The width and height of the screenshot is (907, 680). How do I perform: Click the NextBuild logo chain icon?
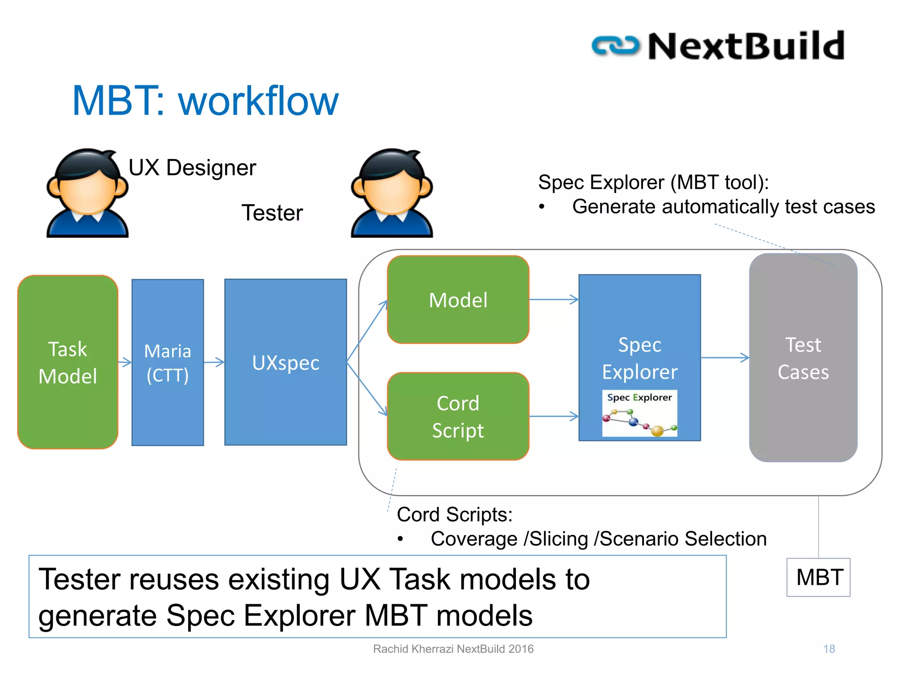click(x=616, y=46)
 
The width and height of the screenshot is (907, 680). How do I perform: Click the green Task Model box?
click(x=68, y=362)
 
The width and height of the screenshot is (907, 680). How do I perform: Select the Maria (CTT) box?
click(x=168, y=362)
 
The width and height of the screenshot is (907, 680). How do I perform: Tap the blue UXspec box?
click(x=286, y=362)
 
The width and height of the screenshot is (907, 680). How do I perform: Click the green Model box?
click(x=458, y=300)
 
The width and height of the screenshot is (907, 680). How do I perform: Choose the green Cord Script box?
click(x=458, y=416)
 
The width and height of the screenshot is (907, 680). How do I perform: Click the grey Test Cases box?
click(x=803, y=358)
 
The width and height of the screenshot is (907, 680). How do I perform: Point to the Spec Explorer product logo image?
click(x=640, y=413)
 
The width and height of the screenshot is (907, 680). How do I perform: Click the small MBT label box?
click(x=818, y=577)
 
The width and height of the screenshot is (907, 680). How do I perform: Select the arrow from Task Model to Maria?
click(x=125, y=362)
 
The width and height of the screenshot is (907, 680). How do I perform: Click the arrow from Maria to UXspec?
click(x=214, y=362)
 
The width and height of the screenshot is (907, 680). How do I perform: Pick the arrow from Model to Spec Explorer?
click(x=554, y=300)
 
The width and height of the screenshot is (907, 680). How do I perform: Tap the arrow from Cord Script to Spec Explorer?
click(x=554, y=416)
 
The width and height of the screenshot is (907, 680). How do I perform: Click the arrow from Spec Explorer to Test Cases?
click(x=725, y=358)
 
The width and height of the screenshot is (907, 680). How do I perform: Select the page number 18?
click(x=829, y=649)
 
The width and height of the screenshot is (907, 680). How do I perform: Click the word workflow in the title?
click(x=258, y=101)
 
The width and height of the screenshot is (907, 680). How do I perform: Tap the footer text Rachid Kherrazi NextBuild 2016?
click(x=453, y=649)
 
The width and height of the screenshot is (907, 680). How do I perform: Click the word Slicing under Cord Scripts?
click(x=558, y=539)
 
